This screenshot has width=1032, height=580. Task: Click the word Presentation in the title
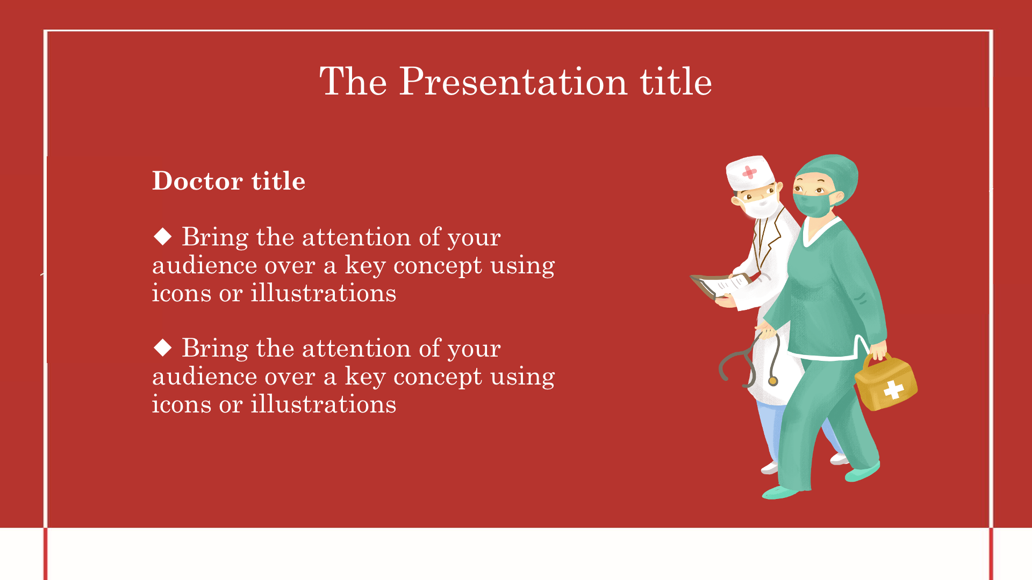[513, 82]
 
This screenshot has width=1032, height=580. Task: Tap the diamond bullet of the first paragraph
[162, 236]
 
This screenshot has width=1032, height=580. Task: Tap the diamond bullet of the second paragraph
[162, 347]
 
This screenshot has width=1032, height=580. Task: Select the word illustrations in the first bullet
[323, 293]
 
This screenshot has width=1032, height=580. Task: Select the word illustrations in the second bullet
[323, 404]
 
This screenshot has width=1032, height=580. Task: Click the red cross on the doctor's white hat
[749, 172]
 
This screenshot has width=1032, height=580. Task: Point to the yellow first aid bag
[886, 381]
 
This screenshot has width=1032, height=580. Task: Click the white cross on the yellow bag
[893, 389]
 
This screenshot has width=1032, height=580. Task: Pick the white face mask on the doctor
[762, 206]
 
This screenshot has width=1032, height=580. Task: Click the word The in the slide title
[353, 82]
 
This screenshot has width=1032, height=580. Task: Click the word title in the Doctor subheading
[278, 180]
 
